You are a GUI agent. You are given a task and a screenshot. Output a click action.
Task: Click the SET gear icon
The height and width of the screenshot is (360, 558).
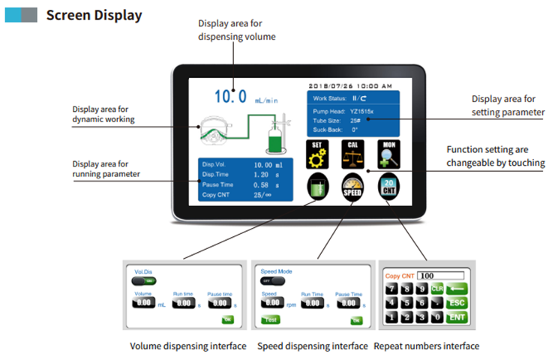pos(317,154)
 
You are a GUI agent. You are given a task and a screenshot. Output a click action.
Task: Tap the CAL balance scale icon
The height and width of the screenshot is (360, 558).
pos(352,154)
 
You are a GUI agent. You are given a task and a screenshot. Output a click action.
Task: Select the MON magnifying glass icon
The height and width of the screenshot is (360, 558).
pos(388,154)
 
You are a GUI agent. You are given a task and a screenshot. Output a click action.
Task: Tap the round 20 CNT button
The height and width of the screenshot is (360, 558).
pos(388,187)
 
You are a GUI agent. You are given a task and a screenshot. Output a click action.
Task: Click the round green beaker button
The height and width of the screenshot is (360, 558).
pos(318,187)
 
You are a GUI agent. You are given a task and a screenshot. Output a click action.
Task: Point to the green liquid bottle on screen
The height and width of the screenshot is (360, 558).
pos(276,139)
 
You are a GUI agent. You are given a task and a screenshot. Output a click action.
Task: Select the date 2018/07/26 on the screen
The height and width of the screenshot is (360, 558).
pos(333,85)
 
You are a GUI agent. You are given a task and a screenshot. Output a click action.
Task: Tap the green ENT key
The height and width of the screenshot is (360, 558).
pos(455,317)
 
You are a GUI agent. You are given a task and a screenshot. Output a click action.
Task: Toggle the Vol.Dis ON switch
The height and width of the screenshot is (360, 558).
pos(145,280)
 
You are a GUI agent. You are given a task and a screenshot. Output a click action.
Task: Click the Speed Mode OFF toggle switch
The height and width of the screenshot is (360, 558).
pos(268,280)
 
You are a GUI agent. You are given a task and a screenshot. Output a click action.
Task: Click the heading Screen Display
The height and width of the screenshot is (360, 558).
pos(94,15)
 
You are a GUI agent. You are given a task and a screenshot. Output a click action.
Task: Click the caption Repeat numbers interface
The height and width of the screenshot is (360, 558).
pos(426,346)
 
